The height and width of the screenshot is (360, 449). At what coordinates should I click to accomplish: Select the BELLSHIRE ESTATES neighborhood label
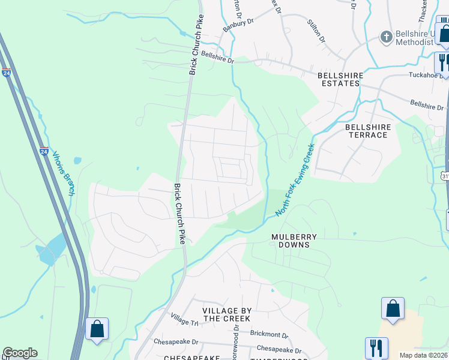338,79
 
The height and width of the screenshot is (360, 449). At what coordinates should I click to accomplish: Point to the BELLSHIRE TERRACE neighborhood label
367,131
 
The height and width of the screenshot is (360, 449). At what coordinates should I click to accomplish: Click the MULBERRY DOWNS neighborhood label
294,241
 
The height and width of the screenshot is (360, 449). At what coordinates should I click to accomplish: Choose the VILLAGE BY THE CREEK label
226,314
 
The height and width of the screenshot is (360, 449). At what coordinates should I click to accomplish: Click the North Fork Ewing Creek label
295,181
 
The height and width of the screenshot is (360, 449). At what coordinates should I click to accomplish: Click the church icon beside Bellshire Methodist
386,37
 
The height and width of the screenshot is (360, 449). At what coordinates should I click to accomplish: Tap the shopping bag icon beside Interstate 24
97,329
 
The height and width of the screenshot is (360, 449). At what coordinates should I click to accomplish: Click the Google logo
20,353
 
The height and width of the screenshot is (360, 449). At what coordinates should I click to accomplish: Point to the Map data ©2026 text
423,355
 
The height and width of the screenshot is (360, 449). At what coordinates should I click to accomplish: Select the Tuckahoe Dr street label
428,76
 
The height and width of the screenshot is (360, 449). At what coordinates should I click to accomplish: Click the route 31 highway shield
445,176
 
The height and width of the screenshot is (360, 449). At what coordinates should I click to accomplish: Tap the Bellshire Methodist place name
414,38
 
